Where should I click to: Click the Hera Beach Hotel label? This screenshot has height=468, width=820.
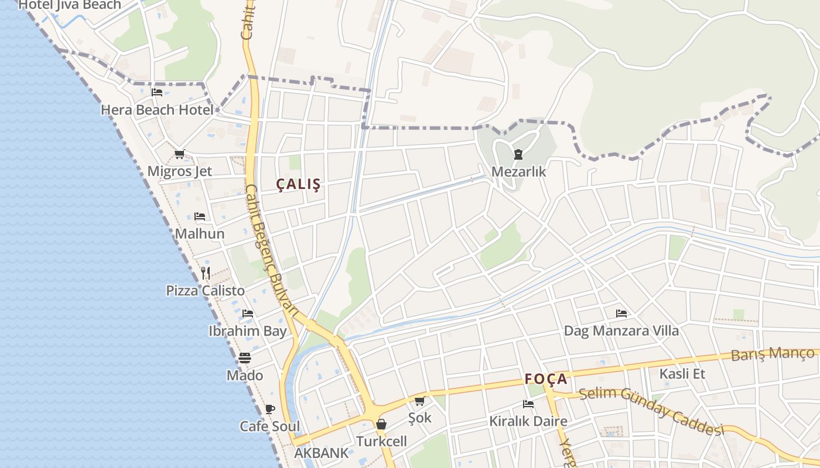click(x=157, y=110)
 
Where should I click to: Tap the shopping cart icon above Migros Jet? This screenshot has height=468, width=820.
click(x=179, y=154)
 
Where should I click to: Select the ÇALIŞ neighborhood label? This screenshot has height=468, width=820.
click(x=299, y=185)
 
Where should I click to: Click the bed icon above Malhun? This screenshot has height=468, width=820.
click(x=200, y=216)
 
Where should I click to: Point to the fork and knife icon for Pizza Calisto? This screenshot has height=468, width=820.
click(x=206, y=273)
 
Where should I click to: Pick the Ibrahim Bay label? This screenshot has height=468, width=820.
click(x=248, y=331)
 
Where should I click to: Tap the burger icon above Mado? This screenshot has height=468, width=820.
click(x=245, y=358)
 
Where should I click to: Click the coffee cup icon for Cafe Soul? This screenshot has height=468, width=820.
click(x=269, y=409)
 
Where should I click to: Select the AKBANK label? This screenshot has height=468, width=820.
click(x=321, y=453)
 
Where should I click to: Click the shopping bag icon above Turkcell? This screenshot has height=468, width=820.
click(x=381, y=424)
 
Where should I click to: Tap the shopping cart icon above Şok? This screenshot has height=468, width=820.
click(x=419, y=401)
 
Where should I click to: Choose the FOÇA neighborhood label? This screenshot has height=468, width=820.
click(x=546, y=379)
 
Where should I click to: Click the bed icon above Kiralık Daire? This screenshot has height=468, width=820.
click(x=528, y=404)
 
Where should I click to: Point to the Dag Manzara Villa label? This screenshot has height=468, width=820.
click(x=621, y=331)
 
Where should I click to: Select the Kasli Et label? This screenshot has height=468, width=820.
click(x=682, y=374)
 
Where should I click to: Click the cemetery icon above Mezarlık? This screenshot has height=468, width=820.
click(x=518, y=155)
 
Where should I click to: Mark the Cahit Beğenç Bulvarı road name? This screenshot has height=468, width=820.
click(x=273, y=252)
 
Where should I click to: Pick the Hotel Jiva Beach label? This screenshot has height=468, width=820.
click(x=70, y=5)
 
